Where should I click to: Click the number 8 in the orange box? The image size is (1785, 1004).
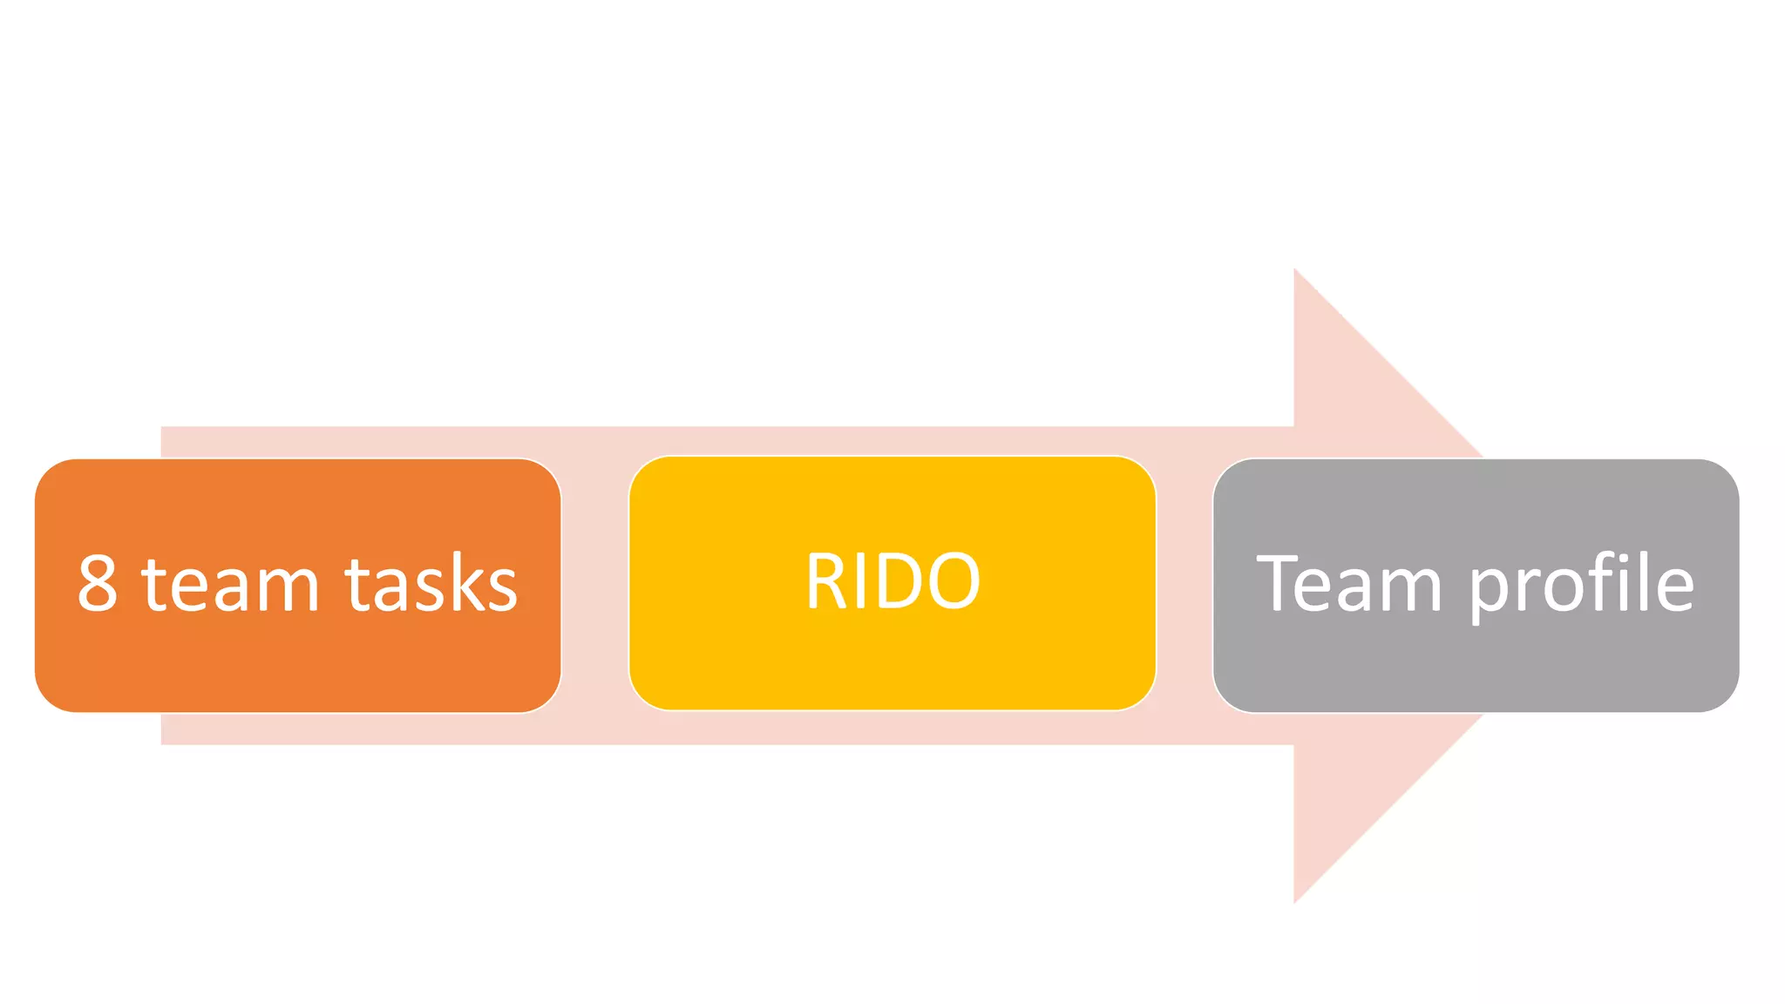(98, 584)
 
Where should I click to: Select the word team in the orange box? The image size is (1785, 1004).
(230, 584)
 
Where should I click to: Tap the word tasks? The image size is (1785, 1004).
(431, 584)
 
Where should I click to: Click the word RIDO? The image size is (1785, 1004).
(892, 581)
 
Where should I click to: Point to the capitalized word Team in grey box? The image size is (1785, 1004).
(1348, 584)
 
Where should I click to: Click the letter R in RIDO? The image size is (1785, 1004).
(823, 581)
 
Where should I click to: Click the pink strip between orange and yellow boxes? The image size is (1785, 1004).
(594, 584)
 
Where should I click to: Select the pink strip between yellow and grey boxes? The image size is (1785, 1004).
(1184, 584)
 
